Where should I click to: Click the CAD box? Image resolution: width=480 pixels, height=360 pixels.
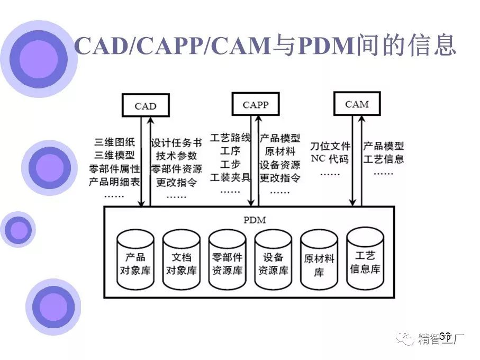145,105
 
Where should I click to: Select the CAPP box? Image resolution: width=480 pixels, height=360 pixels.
256,104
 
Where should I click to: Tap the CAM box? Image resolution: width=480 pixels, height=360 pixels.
357,104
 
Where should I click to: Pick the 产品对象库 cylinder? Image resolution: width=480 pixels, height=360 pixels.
134,259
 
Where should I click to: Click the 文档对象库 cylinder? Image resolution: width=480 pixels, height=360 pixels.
181,259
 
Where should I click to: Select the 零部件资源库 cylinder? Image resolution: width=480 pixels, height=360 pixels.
227,259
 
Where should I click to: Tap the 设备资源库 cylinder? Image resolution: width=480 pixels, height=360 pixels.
273,259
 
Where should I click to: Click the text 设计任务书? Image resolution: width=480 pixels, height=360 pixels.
176,143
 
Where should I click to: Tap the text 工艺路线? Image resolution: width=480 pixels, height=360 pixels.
231,138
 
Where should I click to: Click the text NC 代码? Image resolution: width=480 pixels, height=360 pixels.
330,158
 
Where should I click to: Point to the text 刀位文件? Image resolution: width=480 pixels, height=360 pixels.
330,146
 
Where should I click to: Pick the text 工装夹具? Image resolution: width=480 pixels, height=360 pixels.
231,177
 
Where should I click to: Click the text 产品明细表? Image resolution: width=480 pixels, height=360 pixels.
114,182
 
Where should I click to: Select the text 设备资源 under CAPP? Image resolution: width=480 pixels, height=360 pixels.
280,165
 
